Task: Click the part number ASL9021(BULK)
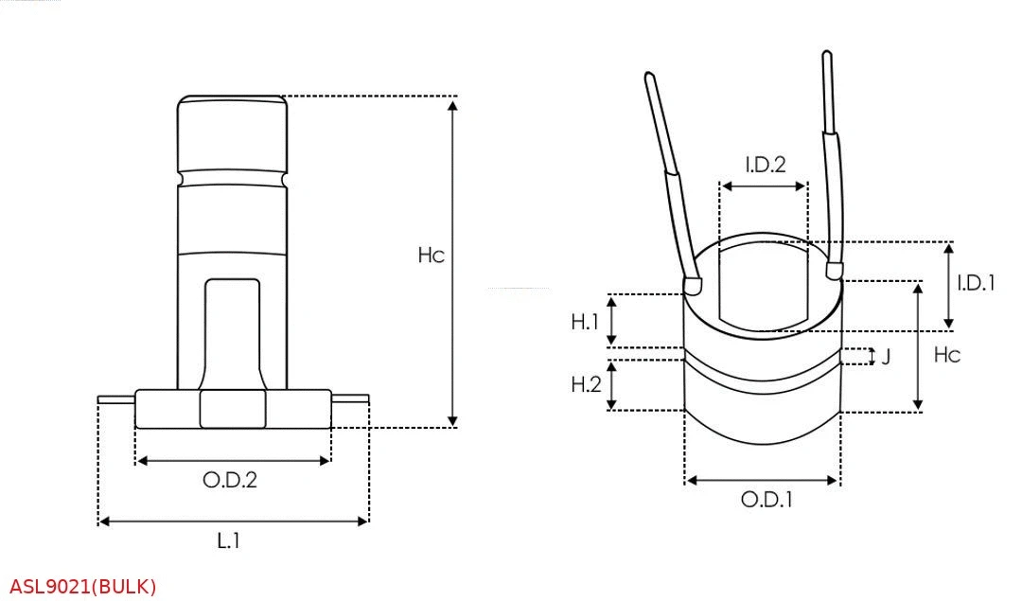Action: (83, 587)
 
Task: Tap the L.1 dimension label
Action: (228, 541)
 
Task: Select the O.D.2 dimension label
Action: (230, 480)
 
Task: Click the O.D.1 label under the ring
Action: (766, 500)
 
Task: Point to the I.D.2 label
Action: (765, 165)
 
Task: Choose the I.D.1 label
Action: (976, 282)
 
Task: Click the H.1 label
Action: (585, 322)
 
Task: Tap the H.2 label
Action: (585, 384)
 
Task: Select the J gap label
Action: (886, 357)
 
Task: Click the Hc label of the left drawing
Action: (431, 256)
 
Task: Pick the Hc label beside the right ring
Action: (946, 355)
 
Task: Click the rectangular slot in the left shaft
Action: (233, 331)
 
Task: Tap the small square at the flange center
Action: (233, 409)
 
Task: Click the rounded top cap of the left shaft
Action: (232, 133)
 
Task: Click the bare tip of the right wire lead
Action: (828, 90)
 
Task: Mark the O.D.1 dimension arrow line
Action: (762, 481)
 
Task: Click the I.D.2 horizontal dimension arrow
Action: (764, 186)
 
